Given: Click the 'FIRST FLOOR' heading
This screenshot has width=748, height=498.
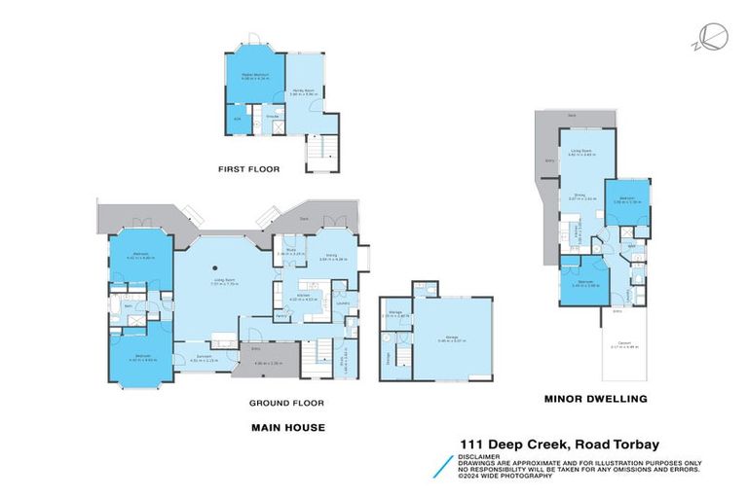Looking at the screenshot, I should pyautogui.click(x=249, y=169).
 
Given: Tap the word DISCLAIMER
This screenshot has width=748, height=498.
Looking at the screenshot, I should pyautogui.click(x=482, y=455).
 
